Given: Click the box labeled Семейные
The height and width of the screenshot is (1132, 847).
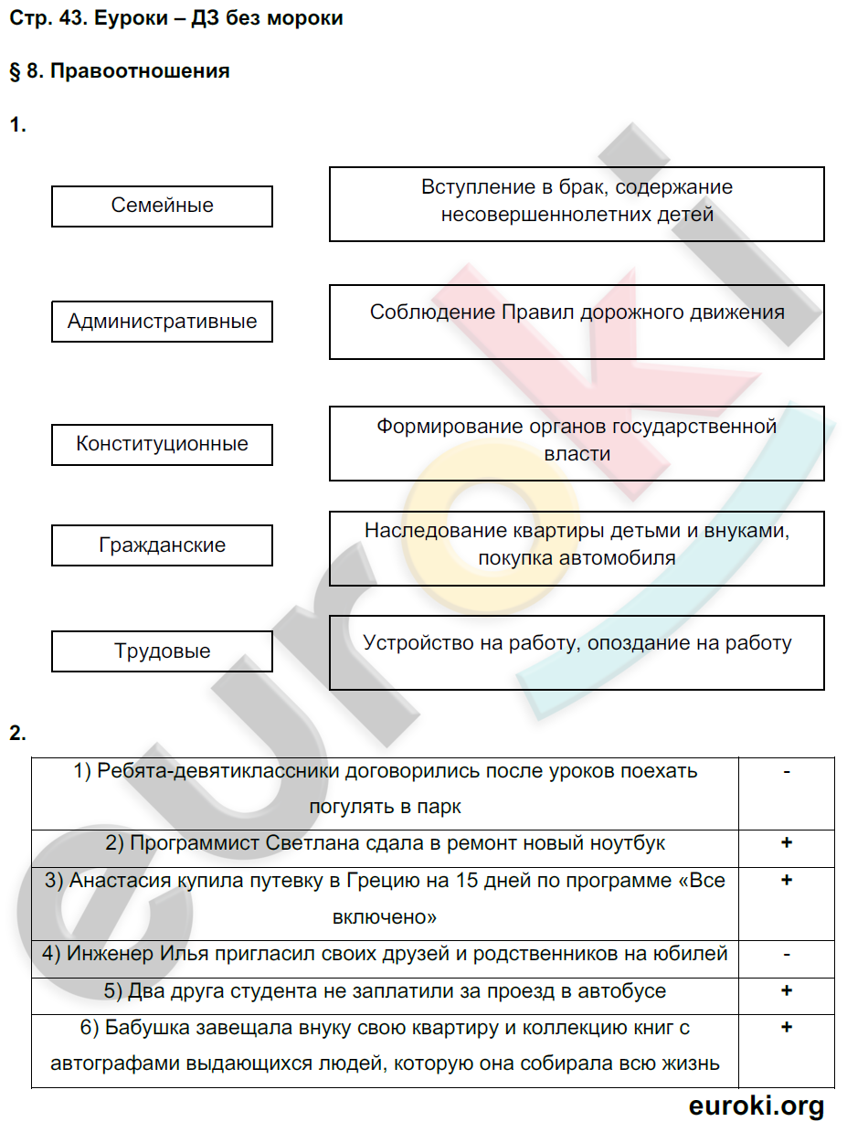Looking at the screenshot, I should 162,206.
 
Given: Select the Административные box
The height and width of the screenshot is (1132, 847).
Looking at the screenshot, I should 162,322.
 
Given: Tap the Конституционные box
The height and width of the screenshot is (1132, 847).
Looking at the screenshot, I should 162,444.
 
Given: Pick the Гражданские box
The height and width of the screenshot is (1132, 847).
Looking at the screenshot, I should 162,545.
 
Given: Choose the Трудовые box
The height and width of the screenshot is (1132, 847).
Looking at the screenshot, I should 162,651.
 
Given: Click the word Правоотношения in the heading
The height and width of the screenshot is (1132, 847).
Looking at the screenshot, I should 140,71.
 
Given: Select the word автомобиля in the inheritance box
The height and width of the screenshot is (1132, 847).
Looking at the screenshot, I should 622,558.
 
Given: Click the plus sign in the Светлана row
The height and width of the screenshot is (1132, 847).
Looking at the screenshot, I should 786,842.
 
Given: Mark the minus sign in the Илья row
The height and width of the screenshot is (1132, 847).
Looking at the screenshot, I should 786,954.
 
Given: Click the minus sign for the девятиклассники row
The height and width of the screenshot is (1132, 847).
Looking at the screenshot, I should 786,771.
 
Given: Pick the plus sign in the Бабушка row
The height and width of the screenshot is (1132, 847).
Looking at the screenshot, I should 786,1028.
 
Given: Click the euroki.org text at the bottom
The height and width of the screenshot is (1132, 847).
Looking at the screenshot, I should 756,1106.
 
